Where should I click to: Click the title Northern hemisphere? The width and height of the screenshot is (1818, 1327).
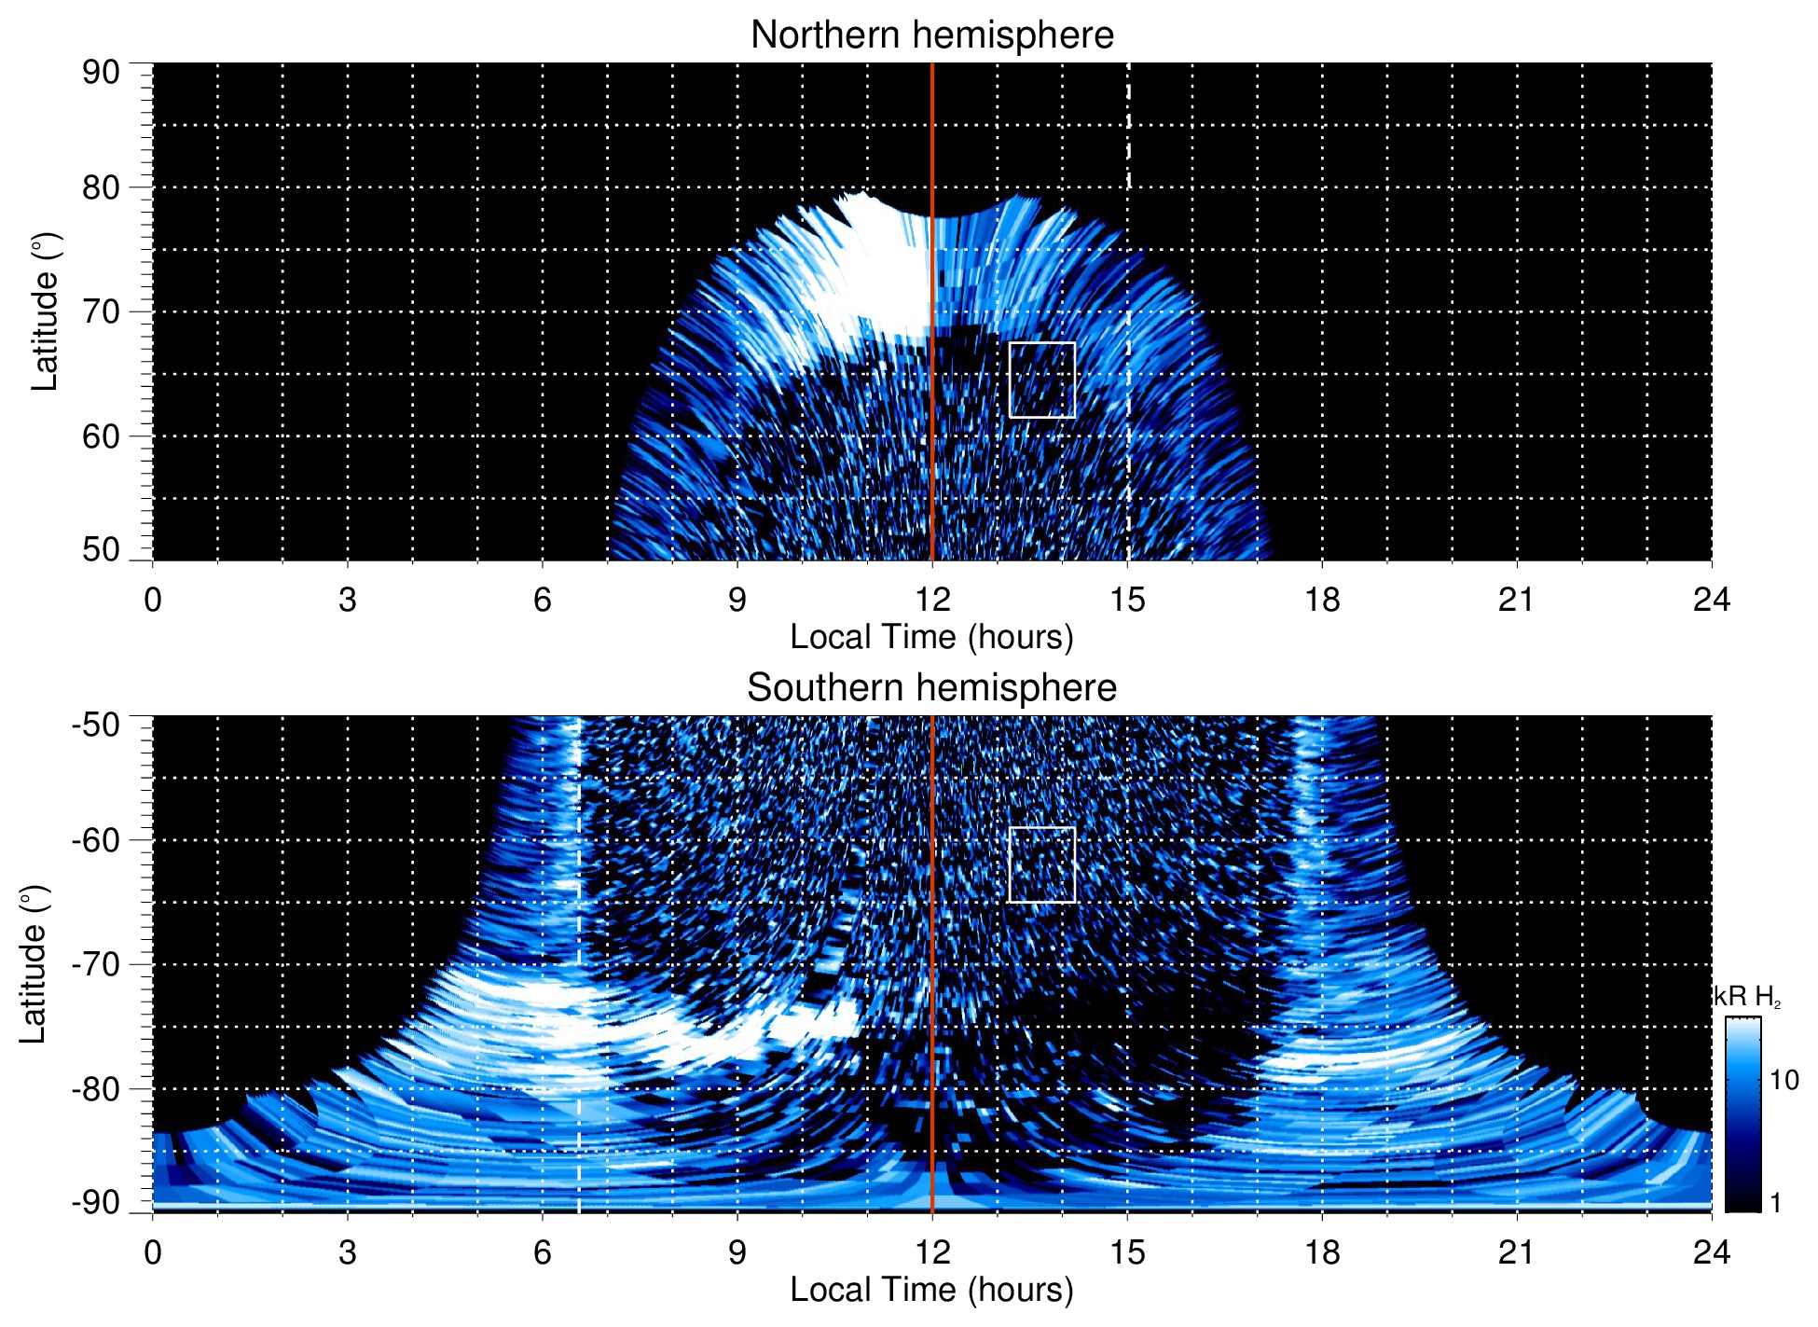[x=931, y=35]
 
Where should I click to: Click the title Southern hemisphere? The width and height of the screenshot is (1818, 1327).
[x=931, y=688]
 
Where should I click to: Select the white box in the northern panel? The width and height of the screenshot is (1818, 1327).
[x=1041, y=380]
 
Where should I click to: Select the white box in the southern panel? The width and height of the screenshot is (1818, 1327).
[x=1041, y=864]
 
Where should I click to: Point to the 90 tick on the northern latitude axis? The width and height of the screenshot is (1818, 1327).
[x=101, y=73]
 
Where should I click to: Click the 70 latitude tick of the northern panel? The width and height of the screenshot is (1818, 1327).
[x=101, y=311]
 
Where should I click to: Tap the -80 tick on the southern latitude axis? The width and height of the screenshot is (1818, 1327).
[x=97, y=1088]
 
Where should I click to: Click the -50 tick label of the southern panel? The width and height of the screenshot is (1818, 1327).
[x=97, y=725]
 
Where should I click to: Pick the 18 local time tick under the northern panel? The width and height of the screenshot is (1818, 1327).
[x=1321, y=600]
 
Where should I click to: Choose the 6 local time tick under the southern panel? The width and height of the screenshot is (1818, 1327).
[x=542, y=1252]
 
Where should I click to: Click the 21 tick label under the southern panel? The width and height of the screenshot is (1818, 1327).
[x=1516, y=1252]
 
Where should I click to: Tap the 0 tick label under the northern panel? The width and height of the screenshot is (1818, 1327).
[x=153, y=600]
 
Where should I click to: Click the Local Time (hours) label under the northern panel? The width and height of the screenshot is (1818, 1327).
[x=931, y=637]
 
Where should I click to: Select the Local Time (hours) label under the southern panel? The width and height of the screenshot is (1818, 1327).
[x=931, y=1290]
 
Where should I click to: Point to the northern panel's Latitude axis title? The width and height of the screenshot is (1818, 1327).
[x=45, y=311]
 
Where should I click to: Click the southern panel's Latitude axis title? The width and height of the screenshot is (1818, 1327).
[x=34, y=964]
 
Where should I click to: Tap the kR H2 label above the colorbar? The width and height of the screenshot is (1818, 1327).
[x=1746, y=997]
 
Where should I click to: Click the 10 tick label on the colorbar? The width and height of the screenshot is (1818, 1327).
[x=1784, y=1080]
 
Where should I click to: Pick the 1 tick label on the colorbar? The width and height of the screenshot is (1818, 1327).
[x=1775, y=1203]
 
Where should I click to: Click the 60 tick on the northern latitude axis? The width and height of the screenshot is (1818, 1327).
[x=101, y=436]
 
